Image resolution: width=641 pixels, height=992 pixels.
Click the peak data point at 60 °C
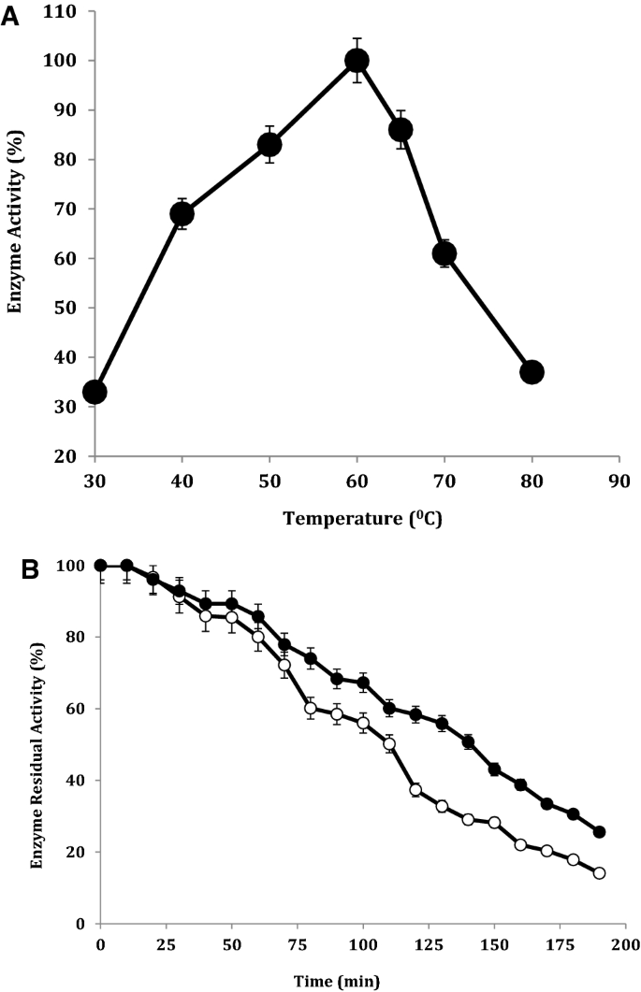[357, 61]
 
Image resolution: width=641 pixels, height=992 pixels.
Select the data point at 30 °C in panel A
[95, 392]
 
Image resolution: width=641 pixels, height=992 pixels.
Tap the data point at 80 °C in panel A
[532, 372]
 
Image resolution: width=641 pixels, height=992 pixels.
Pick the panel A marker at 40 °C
[182, 214]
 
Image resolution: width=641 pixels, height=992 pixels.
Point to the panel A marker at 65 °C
[401, 130]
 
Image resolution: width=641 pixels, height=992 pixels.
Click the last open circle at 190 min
[599, 873]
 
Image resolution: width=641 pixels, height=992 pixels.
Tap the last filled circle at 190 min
[599, 832]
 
